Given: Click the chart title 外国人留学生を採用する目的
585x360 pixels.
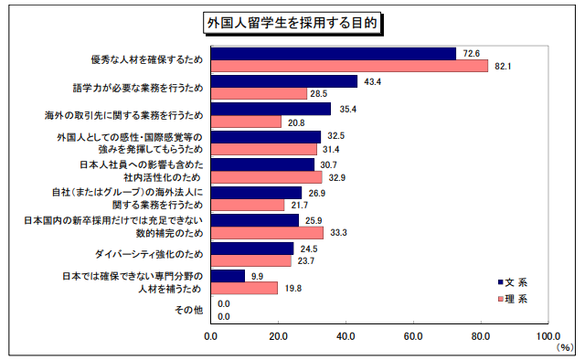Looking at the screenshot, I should coord(292,20).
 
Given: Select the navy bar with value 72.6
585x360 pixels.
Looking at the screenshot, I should coord(334,53).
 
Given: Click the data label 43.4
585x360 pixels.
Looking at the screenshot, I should coord(372,81).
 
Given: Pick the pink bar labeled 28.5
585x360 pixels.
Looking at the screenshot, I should coord(259,94).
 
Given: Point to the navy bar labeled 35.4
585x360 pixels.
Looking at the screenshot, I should coord(271,109).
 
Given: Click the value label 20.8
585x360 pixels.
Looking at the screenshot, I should coord(295,122).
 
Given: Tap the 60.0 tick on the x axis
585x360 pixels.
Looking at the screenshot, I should coord(413,335).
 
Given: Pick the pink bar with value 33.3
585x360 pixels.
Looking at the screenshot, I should coord(267,233).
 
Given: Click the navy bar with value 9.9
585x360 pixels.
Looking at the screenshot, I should coord(228,275).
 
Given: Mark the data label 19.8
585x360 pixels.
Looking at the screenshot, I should coord(292,288).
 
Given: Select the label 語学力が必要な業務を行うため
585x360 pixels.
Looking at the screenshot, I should coord(137,88).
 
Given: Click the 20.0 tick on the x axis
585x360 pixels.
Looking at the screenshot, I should coord(279,335).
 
